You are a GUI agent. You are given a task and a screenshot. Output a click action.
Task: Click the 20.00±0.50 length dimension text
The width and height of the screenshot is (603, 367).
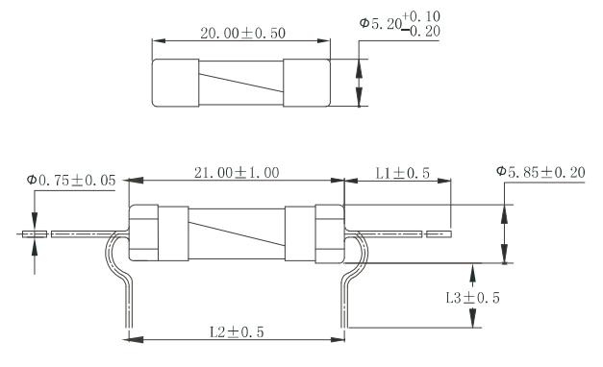[242, 34]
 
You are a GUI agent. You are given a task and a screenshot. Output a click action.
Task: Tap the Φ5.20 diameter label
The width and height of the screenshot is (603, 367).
[380, 23]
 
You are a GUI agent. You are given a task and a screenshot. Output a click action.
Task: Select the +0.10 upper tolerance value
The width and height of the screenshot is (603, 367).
[421, 16]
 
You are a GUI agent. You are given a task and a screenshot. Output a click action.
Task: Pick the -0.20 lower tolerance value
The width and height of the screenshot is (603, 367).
[421, 31]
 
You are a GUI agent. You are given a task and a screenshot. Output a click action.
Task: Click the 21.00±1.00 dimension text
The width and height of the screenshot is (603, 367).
[237, 173]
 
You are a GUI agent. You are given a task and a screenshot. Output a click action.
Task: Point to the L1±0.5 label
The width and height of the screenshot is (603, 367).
[402, 173]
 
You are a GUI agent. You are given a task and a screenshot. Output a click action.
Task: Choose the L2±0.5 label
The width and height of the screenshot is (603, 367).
[237, 332]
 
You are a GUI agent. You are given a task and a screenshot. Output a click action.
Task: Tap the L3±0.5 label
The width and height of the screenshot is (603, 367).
[472, 298]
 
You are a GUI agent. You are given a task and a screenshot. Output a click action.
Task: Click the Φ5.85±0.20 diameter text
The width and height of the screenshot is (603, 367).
[540, 172]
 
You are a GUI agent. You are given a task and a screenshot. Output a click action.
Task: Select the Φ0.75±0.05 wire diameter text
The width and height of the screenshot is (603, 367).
[71, 180]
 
